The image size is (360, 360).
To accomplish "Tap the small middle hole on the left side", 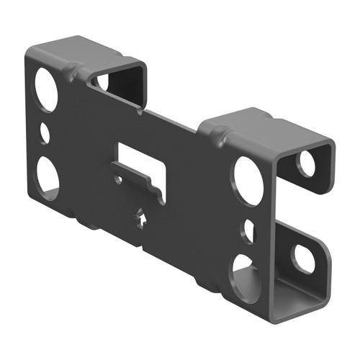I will (x=45, y=133).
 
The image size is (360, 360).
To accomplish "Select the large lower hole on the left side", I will (x=47, y=176).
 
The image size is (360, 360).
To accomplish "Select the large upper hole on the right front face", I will (x=246, y=178).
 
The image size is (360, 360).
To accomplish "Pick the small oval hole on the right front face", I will (x=248, y=230).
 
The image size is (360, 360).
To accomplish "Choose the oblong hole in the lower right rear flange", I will (x=303, y=258).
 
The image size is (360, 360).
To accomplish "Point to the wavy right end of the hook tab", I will (x=161, y=193).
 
